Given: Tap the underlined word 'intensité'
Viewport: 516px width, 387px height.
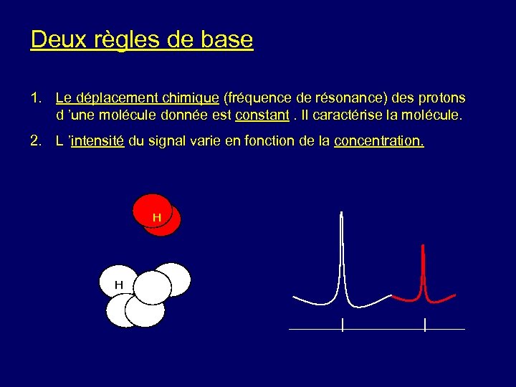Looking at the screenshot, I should point(99,141).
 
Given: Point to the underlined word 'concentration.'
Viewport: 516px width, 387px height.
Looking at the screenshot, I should point(379,141).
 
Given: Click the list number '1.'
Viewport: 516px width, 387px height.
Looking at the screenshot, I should point(37,97).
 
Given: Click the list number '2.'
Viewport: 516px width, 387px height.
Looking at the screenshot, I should point(37,141).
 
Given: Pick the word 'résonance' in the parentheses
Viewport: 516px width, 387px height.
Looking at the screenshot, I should point(330,97).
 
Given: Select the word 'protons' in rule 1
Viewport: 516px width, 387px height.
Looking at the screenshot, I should point(441,97).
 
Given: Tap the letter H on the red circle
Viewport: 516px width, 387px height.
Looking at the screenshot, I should point(156,216).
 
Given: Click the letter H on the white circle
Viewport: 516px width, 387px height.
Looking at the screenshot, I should point(119,285).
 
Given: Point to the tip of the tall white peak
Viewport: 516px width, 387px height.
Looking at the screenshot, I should point(343,213).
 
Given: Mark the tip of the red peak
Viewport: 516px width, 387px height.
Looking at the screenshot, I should point(424,246).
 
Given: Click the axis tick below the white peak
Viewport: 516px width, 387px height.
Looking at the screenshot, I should point(343,325).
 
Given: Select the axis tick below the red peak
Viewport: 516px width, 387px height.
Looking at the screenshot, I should point(425,325).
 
